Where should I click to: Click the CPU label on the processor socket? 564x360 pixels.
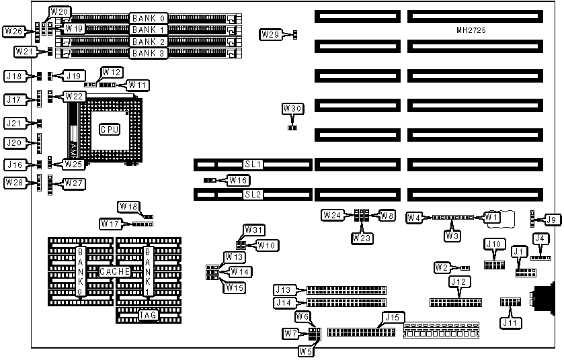(110, 129)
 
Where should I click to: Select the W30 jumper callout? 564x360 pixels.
(292, 108)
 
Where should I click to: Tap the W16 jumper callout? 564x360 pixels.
(238, 180)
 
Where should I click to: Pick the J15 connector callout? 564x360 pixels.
(391, 317)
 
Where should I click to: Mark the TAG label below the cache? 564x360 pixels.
(149, 314)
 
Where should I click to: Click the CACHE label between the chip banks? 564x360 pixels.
(115, 271)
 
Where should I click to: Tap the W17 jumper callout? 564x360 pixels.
(110, 223)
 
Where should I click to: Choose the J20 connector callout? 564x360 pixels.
(14, 143)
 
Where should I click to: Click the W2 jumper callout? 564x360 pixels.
(441, 267)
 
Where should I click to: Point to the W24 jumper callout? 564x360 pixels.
(331, 216)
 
